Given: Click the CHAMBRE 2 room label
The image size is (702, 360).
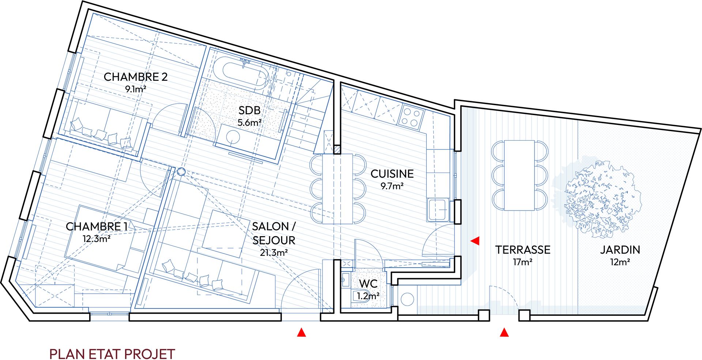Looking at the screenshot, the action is [135, 77].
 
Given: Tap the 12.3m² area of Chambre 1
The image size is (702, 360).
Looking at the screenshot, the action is [97, 239].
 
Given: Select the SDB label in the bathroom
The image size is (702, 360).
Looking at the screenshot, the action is [249, 110].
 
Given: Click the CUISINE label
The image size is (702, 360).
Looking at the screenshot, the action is [392, 174].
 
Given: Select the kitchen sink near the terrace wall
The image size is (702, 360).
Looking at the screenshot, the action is [438, 210].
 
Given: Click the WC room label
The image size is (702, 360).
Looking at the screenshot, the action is [368, 284].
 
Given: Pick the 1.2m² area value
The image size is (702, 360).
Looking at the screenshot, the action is [368, 296].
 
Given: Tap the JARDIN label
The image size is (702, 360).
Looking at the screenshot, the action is [620, 250].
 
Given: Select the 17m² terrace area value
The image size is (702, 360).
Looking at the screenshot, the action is [522, 262].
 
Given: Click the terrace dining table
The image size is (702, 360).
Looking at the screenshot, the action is [520, 175].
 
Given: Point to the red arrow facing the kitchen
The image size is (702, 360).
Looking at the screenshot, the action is [475, 240].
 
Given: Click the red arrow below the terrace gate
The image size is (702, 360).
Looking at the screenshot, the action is [505, 332].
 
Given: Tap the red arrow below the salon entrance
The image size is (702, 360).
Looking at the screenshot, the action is [301, 332].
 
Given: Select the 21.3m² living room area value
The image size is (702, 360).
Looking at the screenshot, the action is [274, 253].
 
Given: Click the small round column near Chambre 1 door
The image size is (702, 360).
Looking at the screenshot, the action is [181, 172].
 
